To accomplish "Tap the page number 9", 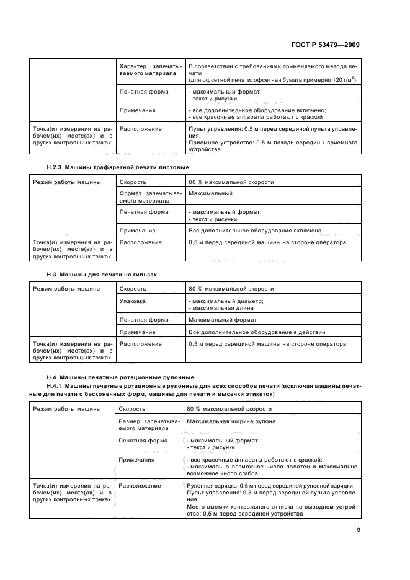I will pos(359,529).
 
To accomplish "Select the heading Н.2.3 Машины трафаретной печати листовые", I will pos(118,167).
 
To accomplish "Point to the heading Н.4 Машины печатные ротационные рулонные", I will pos(120,377).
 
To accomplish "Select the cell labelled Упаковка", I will pos(133,301).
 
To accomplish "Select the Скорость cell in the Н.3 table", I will pos(133,289).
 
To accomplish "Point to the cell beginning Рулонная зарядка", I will pos(271,499).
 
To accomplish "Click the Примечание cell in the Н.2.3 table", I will pos(137,230).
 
